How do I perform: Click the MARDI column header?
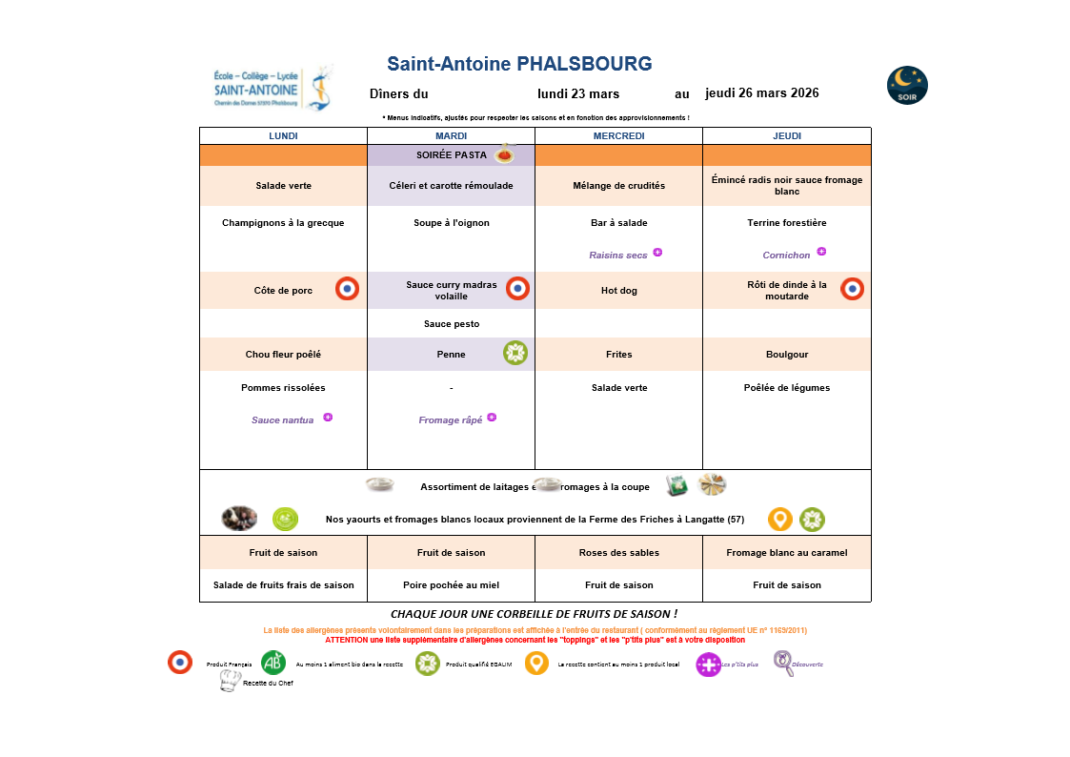pos(451,136)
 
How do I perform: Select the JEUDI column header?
pos(786,136)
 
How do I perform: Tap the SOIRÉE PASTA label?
pos(452,154)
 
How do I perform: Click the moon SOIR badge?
pos(907,86)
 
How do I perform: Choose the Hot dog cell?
pos(618,291)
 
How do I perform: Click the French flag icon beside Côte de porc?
pos(348,289)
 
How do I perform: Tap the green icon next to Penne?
pos(515,354)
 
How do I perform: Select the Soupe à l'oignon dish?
pos(451,223)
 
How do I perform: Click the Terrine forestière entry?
pos(786,223)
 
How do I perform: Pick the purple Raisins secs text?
pos(617,256)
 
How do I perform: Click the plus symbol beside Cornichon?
pos(821,252)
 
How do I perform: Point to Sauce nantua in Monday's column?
pos(282,420)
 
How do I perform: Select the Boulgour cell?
pos(786,355)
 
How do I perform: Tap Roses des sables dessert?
pos(618,553)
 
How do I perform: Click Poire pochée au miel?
pos(451,585)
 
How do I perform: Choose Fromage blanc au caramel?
pos(786,553)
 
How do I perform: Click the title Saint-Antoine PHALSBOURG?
pos(519,64)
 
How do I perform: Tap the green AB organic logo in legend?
pos(273,663)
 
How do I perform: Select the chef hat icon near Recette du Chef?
pos(229,681)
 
